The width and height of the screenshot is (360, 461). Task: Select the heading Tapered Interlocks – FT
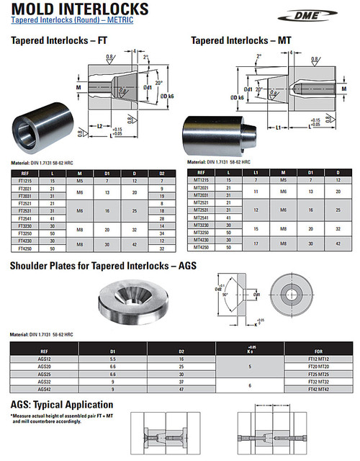(55, 41)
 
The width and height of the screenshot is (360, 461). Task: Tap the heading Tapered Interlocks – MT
(237, 41)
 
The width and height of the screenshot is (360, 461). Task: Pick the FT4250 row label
(24, 249)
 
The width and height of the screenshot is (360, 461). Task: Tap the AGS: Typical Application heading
(62, 405)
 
